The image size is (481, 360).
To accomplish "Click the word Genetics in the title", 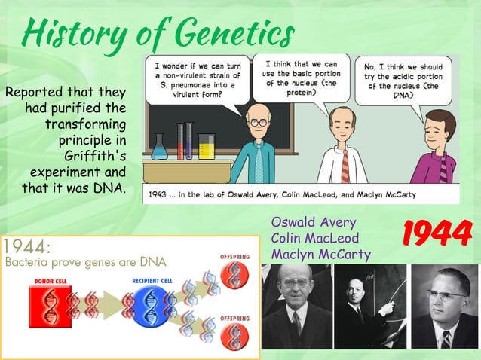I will click(x=234, y=32).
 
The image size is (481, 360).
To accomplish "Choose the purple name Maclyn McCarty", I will click(x=320, y=255).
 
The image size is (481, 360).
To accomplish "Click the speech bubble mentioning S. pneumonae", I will click(x=194, y=79).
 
